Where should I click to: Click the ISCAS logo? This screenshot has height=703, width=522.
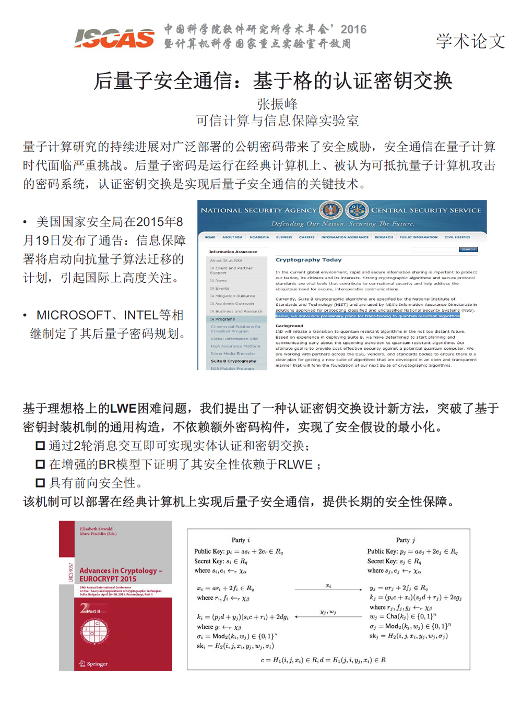pyautogui.click(x=114, y=38)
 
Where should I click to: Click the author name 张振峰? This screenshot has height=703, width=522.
pyautogui.click(x=277, y=104)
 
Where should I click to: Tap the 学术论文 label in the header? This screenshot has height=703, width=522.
pyautogui.click(x=470, y=41)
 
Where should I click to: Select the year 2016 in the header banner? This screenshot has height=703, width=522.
pyautogui.click(x=353, y=29)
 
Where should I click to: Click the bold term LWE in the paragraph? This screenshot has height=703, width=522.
pyautogui.click(x=123, y=409)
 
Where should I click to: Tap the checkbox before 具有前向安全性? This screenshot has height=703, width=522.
pyautogui.click(x=40, y=483)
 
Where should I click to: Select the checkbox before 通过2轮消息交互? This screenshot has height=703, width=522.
pyautogui.click(x=40, y=445)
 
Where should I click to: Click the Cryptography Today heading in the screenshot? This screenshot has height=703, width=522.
pyautogui.click(x=309, y=260)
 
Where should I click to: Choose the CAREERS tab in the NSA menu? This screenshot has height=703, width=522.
pyautogui.click(x=306, y=237)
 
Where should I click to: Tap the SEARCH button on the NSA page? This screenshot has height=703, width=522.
pyautogui.click(x=468, y=249)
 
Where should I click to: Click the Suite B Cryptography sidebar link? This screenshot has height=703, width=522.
pyautogui.click(x=233, y=361)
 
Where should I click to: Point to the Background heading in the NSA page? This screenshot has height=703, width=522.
pyautogui.click(x=289, y=326)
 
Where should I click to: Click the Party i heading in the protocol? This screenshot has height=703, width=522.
pyautogui.click(x=241, y=540)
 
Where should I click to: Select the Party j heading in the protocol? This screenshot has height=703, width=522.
pyautogui.click(x=405, y=540)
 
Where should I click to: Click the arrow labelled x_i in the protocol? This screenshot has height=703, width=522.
pyautogui.click(x=328, y=590)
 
